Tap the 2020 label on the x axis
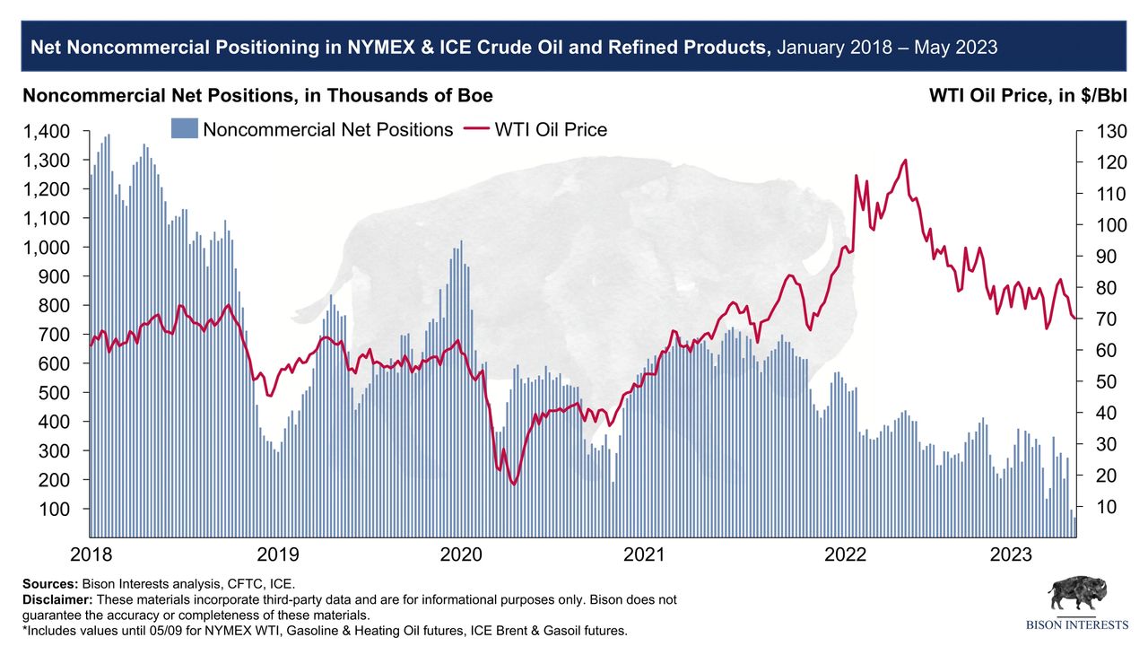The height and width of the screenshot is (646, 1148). click(461, 554)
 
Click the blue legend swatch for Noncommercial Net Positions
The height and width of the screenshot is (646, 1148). click(183, 129)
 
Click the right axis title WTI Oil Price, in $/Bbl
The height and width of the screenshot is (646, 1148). click(1028, 96)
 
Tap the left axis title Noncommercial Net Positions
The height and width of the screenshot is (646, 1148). click(257, 96)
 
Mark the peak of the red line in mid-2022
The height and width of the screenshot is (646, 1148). click(905, 161)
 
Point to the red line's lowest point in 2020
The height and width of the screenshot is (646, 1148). click(514, 484)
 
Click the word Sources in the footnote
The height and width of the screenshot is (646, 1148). click(49, 583)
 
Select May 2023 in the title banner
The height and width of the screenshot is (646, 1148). click(960, 48)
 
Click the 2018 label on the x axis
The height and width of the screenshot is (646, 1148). click(91, 554)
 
